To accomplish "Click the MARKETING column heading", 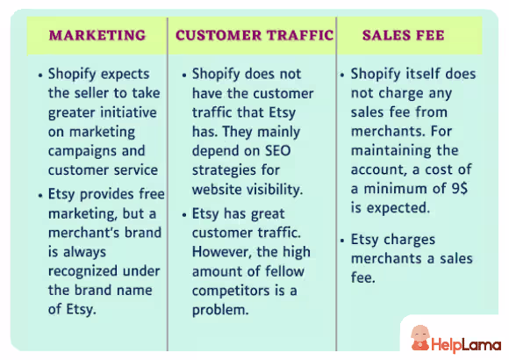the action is [97, 35].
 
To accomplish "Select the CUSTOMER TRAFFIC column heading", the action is [254, 35].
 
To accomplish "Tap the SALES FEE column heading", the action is [403, 35].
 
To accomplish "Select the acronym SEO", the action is [278, 151].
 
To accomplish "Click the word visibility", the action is [271, 190].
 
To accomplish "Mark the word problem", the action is [220, 310].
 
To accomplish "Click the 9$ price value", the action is [459, 189].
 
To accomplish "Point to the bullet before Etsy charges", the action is [342, 241].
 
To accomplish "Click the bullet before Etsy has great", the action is [184, 215].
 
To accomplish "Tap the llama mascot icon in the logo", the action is [420, 338].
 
